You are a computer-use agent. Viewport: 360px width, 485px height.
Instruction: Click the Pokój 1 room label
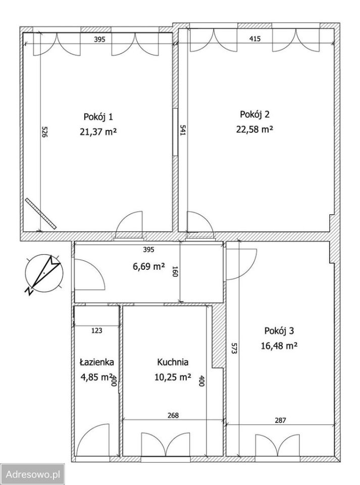tap(98, 117)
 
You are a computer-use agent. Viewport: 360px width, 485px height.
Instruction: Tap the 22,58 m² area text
tap(254, 129)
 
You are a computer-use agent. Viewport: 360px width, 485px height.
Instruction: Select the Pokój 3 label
tap(279, 330)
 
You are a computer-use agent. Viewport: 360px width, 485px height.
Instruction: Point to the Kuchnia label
tap(173, 362)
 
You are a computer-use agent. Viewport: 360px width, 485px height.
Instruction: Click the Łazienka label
tap(97, 362)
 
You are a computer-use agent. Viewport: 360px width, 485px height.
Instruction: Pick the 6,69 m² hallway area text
tap(148, 266)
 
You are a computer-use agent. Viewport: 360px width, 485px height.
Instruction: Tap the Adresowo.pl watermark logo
tap(32, 474)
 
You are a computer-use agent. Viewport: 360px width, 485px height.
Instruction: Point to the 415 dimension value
tap(254, 39)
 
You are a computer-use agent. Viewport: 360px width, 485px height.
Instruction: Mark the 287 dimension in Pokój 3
tap(280, 420)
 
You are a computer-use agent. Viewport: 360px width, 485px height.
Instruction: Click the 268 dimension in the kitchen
tap(173, 415)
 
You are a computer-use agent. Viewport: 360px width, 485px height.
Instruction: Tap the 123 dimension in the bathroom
tap(97, 330)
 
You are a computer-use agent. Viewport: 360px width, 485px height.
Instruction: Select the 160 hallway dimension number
tap(175, 271)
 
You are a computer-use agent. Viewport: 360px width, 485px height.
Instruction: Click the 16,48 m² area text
tap(279, 346)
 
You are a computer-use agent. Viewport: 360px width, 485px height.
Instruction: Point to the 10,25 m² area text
tap(173, 377)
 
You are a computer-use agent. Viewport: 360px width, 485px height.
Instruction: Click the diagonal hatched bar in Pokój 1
tap(41, 214)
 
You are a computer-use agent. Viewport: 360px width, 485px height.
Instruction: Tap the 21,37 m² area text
tap(98, 132)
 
